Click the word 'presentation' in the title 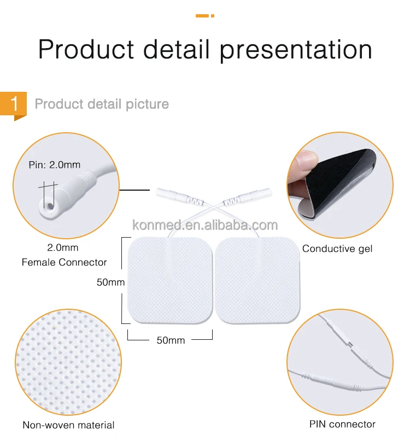pos(296,50)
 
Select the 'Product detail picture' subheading pos(102,104)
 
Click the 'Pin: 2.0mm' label pos(55,164)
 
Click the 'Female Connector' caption pos(65,262)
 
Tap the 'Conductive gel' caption pos(337,249)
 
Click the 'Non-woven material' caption pos(68,425)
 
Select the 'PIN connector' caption pos(342,424)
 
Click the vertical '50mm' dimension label pos(111,282)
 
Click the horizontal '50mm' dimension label pos(171,340)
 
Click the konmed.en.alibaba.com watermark pos(206,225)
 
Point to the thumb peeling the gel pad pos(304,164)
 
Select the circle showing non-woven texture pos(68,362)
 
